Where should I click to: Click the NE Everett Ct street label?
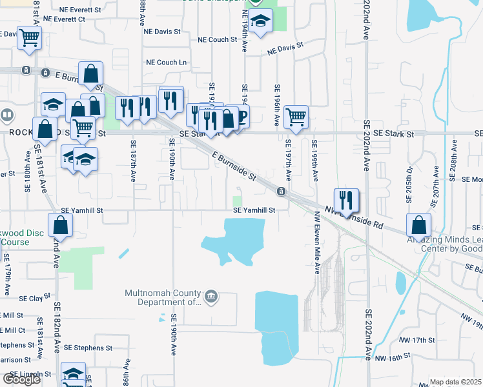pos(64,19)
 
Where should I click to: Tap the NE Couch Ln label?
pos(167,63)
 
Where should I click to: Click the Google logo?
pos(21,379)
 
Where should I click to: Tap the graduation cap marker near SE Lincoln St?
pos(73,373)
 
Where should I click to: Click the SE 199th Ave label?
pos(315,160)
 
